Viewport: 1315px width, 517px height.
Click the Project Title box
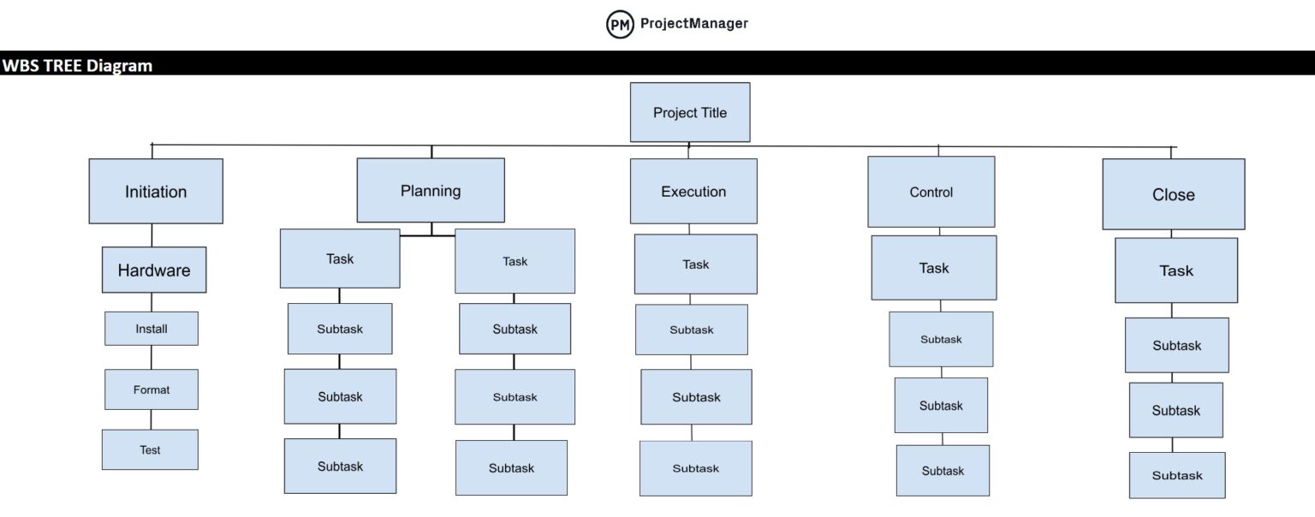click(690, 112)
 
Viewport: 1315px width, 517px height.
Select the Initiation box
click(156, 192)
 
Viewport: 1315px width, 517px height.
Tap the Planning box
click(431, 190)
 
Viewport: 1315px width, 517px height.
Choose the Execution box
click(693, 192)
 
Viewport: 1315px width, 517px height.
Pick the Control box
click(931, 192)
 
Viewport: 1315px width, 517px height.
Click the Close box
click(1173, 194)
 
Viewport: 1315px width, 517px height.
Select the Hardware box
click(154, 270)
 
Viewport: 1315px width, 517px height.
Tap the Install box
click(152, 329)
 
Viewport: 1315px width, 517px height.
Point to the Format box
click(152, 389)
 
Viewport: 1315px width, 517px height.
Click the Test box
click(150, 449)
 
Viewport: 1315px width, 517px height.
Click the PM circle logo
click(620, 24)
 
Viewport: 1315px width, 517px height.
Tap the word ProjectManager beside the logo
click(694, 23)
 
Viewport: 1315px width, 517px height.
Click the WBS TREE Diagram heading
click(77, 65)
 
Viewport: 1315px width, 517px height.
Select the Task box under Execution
click(696, 264)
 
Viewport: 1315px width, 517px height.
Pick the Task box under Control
click(933, 268)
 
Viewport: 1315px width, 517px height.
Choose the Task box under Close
click(1175, 270)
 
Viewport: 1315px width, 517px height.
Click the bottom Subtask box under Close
click(1177, 475)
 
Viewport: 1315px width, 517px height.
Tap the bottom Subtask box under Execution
click(696, 468)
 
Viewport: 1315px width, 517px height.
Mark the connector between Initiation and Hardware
click(152, 235)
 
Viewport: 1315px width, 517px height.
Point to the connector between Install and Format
click(152, 358)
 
